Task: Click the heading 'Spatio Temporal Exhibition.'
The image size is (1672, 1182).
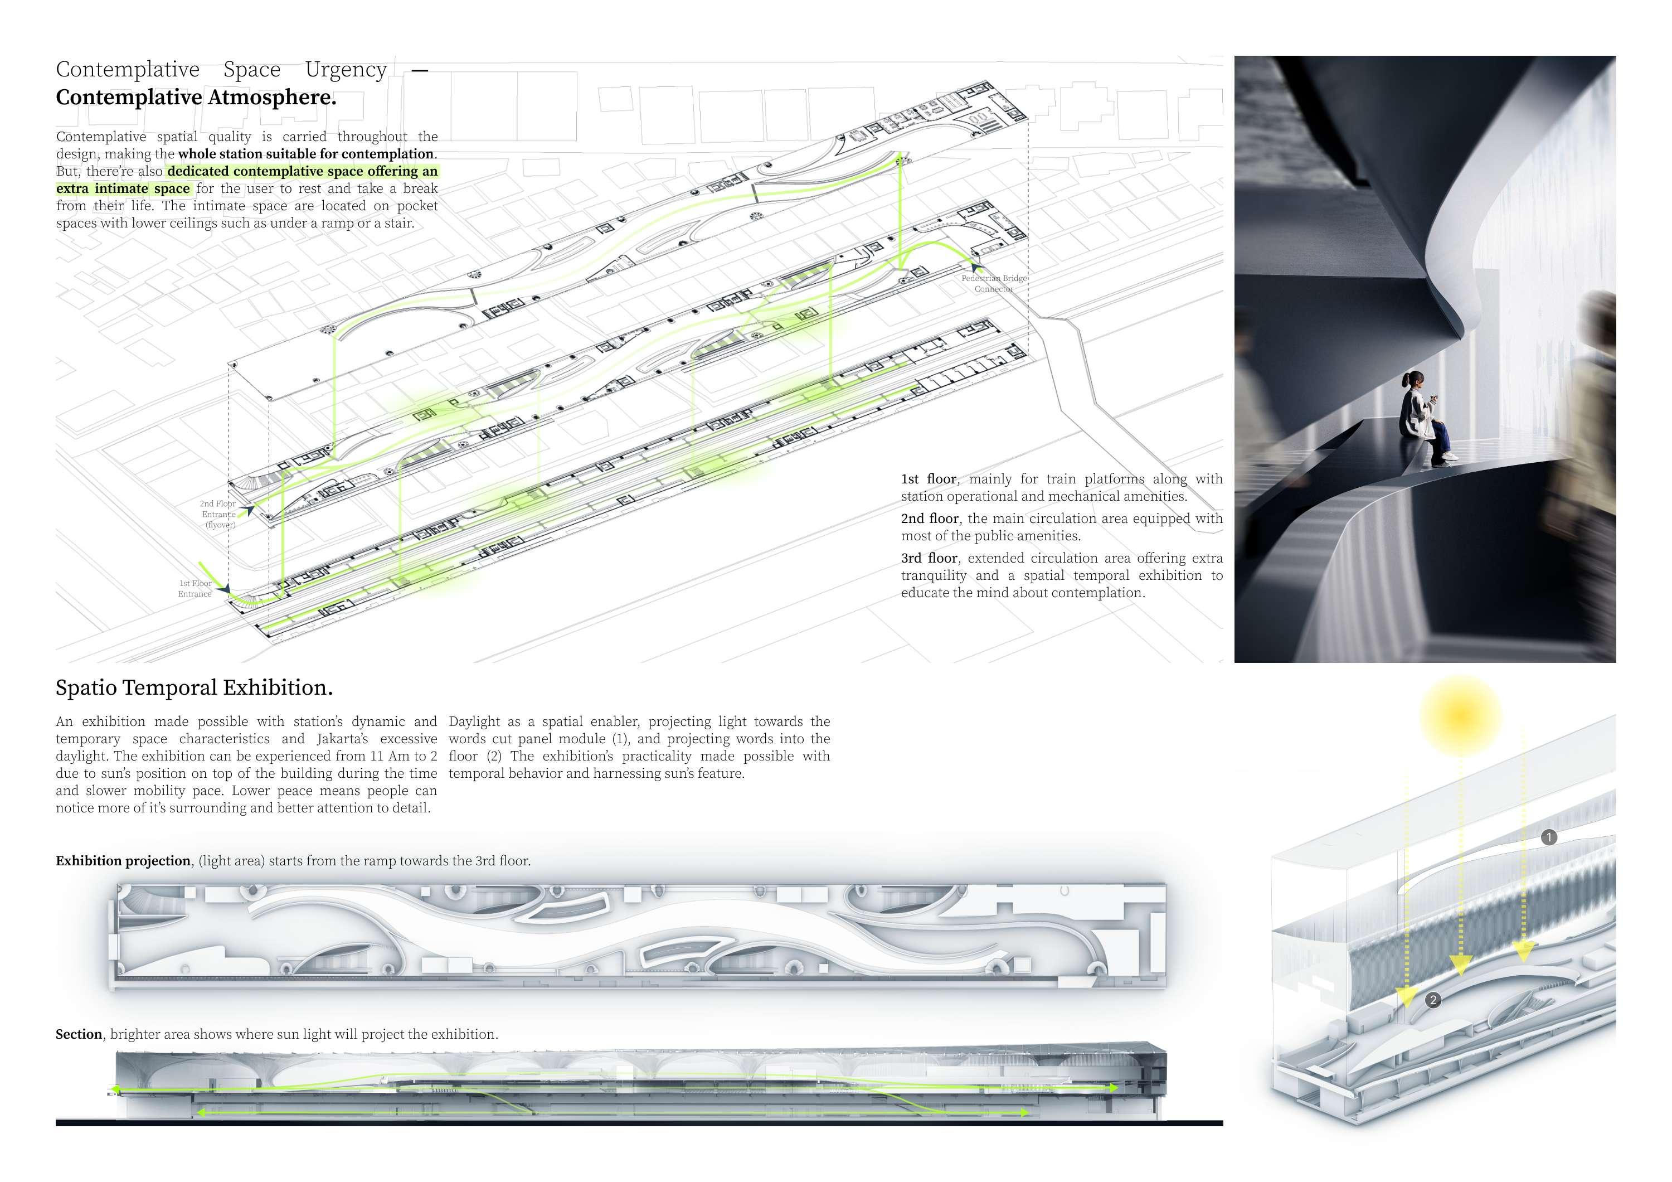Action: point(194,687)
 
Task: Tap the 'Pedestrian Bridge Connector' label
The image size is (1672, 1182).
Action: point(994,283)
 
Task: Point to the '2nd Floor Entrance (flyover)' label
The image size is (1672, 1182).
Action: point(218,514)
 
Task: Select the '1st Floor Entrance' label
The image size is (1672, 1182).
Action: point(195,588)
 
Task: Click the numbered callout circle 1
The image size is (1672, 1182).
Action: point(1549,837)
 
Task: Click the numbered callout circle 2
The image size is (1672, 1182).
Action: point(1433,1000)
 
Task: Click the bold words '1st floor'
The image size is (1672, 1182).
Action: point(929,479)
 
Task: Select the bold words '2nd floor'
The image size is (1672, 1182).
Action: point(929,519)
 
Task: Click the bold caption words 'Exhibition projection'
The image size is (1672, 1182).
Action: point(123,861)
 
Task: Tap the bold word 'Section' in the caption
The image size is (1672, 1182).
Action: point(79,1034)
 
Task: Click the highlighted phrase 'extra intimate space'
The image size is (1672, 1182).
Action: point(123,188)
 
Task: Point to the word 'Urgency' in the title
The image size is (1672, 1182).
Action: point(346,69)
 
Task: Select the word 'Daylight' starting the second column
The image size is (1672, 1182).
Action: point(474,721)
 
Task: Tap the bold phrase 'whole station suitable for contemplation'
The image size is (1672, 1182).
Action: point(306,154)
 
